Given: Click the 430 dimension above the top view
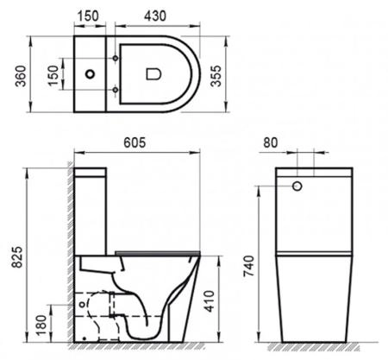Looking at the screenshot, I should [x=156, y=16].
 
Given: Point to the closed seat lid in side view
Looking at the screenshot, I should [x=160, y=253].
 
